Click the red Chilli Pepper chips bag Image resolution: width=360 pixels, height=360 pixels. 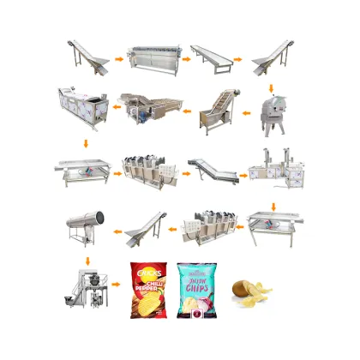click(148, 290)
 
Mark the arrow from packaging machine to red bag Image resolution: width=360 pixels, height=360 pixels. click(117, 294)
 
